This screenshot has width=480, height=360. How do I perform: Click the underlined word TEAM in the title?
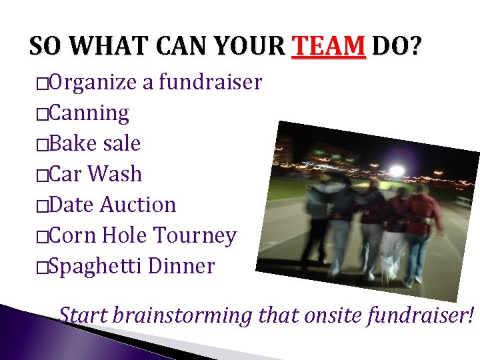click(x=329, y=47)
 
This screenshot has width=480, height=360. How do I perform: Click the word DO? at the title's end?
click(x=397, y=47)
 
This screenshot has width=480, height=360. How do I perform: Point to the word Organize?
click(x=93, y=83)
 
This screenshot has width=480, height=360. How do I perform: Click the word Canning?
click(x=89, y=113)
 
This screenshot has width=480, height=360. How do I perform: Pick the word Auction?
click(x=138, y=205)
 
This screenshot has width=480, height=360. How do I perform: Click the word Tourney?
click(x=195, y=235)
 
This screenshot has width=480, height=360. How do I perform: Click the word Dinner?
click(x=181, y=266)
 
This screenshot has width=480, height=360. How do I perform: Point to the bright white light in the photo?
click(x=396, y=171)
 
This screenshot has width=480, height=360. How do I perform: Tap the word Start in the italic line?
click(x=83, y=314)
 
